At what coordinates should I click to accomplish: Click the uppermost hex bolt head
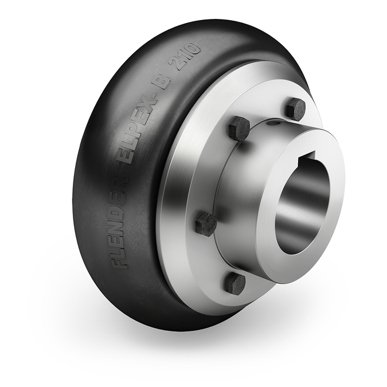pos(295,108)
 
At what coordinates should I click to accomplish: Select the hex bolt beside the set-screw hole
pos(239,128)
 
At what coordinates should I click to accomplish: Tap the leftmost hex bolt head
pos(206,223)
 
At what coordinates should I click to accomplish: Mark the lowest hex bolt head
pos(234,283)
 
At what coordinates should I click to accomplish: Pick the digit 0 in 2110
pos(196,49)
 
